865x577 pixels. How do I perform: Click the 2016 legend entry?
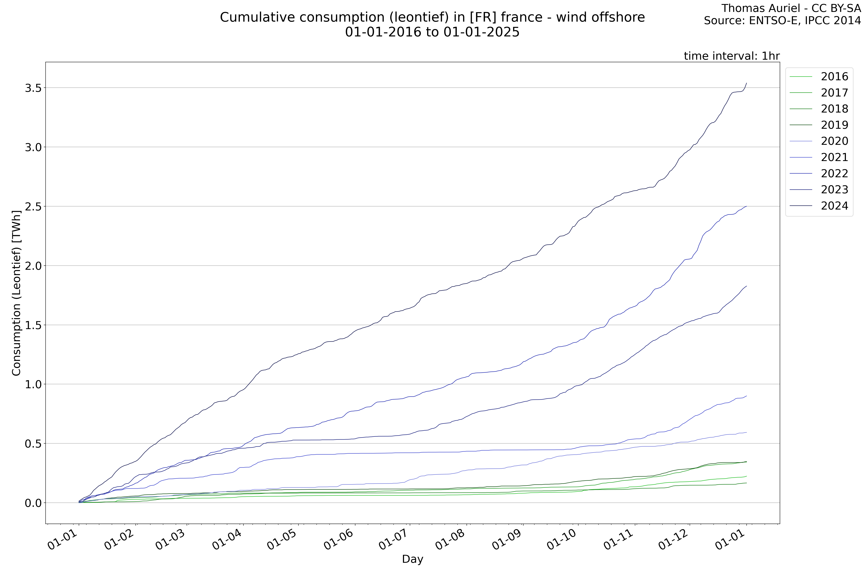(x=834, y=76)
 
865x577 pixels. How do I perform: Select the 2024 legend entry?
(x=834, y=206)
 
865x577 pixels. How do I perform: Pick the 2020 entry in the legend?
(x=834, y=141)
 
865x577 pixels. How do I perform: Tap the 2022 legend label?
(x=834, y=173)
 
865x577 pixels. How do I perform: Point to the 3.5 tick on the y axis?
(x=32, y=88)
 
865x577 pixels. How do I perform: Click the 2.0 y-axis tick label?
(x=32, y=266)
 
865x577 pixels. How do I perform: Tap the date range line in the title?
(x=432, y=32)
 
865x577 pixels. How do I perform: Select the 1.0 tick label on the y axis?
(x=32, y=384)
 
